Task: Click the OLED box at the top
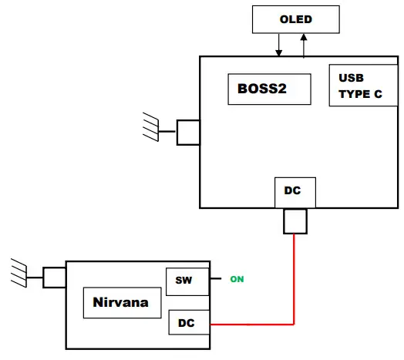coord(295,19)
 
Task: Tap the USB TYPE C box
coord(362,85)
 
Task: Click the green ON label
coord(237,279)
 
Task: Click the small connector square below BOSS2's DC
coord(295,222)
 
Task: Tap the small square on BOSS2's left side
coord(188,132)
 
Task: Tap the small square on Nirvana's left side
coord(54,277)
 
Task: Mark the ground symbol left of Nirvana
coord(21,272)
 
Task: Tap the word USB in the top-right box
coord(351,78)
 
